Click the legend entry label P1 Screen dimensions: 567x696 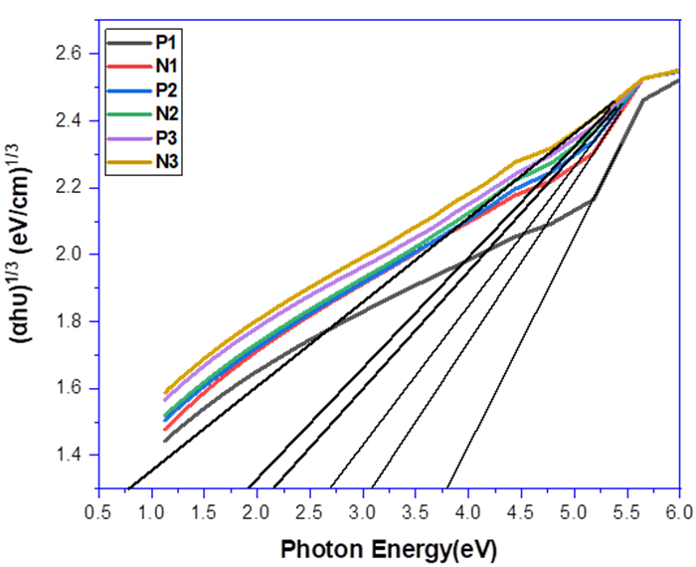[x=164, y=43]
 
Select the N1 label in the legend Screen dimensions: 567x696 [x=165, y=67]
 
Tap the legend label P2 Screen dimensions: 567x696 [x=164, y=90]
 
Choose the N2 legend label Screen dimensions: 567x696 [x=165, y=113]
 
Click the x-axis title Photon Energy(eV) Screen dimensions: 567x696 [x=388, y=548]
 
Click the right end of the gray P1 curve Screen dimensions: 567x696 [x=679, y=80]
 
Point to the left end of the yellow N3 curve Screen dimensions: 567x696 [x=152, y=393]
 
